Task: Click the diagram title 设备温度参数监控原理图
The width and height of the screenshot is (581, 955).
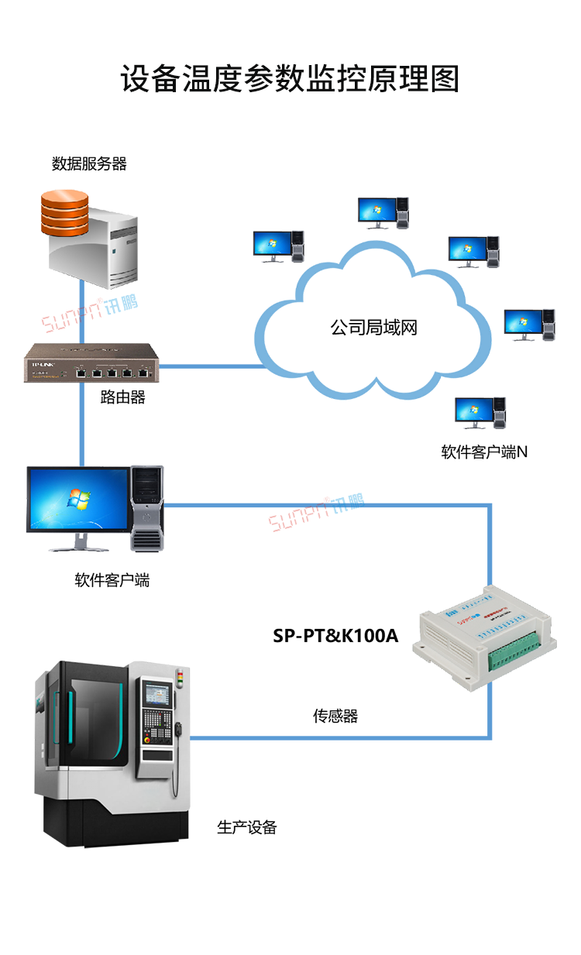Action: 290,79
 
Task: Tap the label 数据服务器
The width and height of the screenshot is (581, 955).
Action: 89,163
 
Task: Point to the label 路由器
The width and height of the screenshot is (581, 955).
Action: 122,398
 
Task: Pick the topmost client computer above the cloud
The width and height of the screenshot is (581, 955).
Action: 383,212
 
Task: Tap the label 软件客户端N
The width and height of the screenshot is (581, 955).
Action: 484,452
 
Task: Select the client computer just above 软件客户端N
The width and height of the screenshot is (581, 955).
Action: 480,413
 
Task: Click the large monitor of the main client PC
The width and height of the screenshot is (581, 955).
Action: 77,500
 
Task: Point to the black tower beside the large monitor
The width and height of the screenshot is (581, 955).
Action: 147,507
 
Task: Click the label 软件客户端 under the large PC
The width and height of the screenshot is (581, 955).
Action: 112,579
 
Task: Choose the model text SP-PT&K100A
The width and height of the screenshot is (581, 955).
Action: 335,636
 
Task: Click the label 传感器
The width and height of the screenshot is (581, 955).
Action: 335,716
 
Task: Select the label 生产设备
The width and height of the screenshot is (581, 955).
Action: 246,827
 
